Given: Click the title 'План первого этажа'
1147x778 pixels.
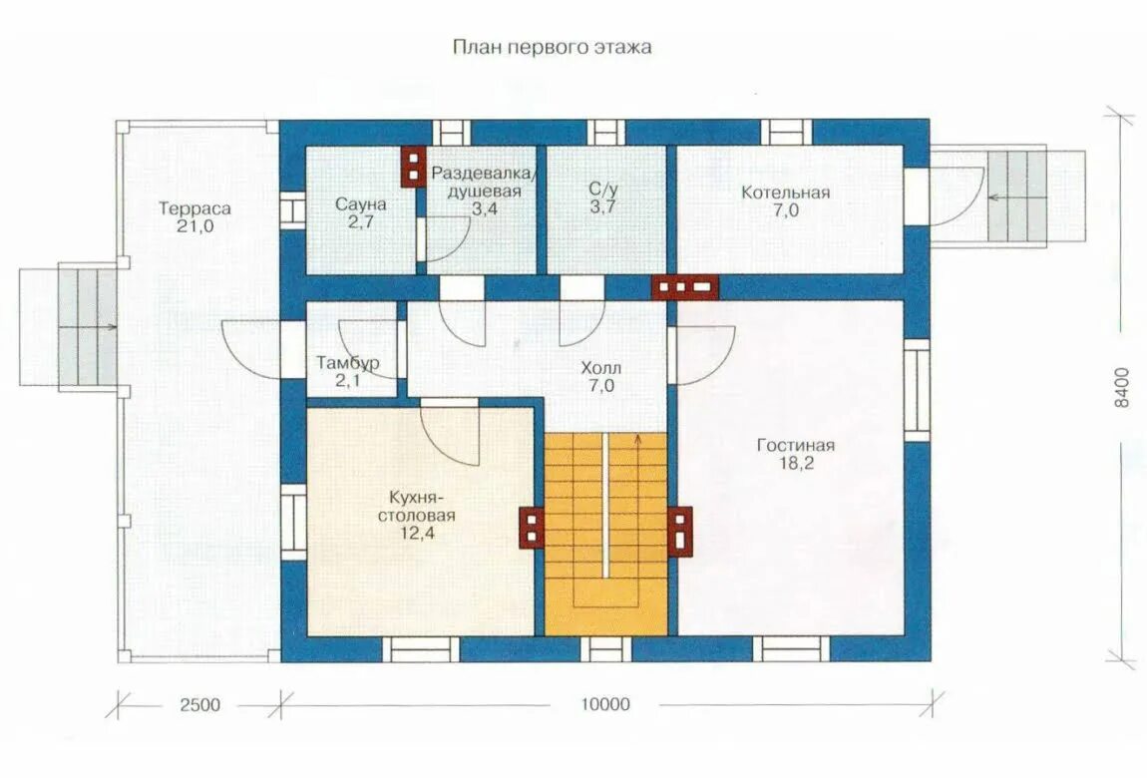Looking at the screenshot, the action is [x=553, y=48].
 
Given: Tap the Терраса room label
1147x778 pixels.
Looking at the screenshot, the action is [x=194, y=208].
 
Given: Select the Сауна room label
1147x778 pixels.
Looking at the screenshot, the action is [x=361, y=204].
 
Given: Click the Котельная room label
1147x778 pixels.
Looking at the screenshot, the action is [x=786, y=193].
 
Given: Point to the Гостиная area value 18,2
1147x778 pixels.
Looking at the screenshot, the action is [x=796, y=463].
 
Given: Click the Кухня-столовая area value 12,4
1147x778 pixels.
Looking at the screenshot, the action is [x=417, y=533].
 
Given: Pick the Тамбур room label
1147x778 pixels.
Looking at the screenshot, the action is [x=347, y=363].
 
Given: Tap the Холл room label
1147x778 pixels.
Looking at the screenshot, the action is [x=601, y=368].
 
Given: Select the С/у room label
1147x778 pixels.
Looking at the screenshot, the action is [x=603, y=189].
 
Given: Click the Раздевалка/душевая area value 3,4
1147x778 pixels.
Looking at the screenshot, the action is [x=485, y=209].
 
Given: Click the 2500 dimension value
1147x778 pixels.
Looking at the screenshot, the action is [x=199, y=705].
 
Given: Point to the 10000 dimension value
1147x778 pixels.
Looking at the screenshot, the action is [x=605, y=704].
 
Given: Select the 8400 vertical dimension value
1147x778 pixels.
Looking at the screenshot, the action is [x=1121, y=388].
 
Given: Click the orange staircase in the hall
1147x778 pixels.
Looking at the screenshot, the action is [x=605, y=534].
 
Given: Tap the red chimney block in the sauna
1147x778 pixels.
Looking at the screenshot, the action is [x=413, y=167].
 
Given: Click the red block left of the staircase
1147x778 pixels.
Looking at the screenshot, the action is [x=533, y=528].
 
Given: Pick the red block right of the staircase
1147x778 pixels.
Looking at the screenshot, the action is [x=679, y=532].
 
